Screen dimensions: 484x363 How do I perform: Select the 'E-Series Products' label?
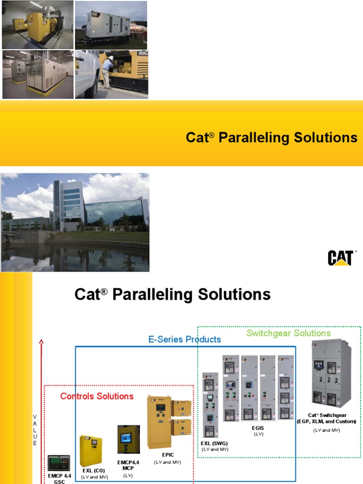[x=184, y=339]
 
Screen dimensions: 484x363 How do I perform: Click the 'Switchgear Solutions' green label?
[x=288, y=333]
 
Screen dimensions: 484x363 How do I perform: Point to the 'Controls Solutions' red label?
[x=97, y=396]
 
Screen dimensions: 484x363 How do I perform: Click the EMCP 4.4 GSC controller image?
[x=59, y=463]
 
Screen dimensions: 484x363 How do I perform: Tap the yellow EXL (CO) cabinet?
[x=91, y=450]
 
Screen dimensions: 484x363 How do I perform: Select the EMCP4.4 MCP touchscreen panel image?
[x=129, y=440]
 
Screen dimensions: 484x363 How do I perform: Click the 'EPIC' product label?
[x=167, y=455]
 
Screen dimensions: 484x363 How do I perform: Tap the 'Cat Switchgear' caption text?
[x=326, y=418]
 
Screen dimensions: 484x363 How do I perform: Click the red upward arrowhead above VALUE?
[x=42, y=342]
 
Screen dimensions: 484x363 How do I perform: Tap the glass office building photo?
[x=75, y=222]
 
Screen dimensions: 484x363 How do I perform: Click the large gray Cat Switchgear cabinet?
[x=331, y=373]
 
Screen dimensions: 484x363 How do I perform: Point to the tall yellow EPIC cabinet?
[x=159, y=422]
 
